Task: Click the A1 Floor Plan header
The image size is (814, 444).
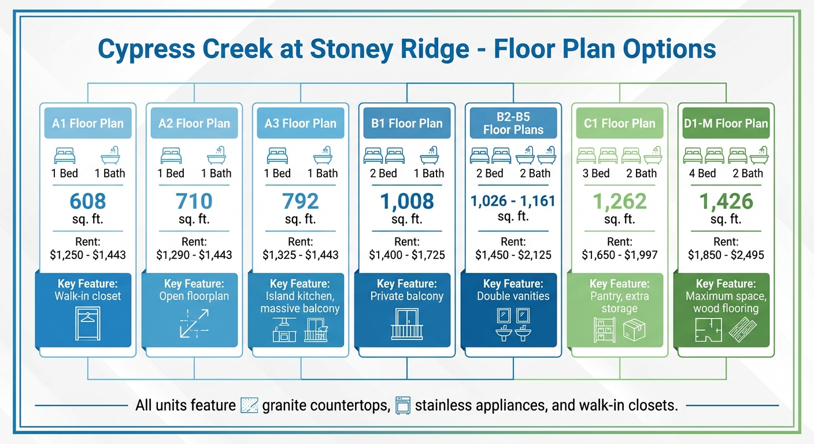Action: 88,123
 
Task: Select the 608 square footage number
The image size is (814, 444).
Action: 88,201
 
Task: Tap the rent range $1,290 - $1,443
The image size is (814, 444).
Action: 194,254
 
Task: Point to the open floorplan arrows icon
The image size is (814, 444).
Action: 194,324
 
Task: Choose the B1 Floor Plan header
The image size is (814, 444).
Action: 407,123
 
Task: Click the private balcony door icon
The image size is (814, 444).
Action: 407,324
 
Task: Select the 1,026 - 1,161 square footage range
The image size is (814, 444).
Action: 513,201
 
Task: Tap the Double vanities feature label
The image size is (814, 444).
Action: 513,296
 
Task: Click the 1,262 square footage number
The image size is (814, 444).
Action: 619,201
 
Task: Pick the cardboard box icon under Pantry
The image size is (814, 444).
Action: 634,330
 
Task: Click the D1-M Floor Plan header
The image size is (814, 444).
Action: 726,123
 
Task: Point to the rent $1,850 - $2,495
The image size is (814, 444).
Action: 726,254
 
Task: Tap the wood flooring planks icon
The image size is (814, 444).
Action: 742,330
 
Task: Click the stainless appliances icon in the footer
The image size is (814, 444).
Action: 402,405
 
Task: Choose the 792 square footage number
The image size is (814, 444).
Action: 301,201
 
